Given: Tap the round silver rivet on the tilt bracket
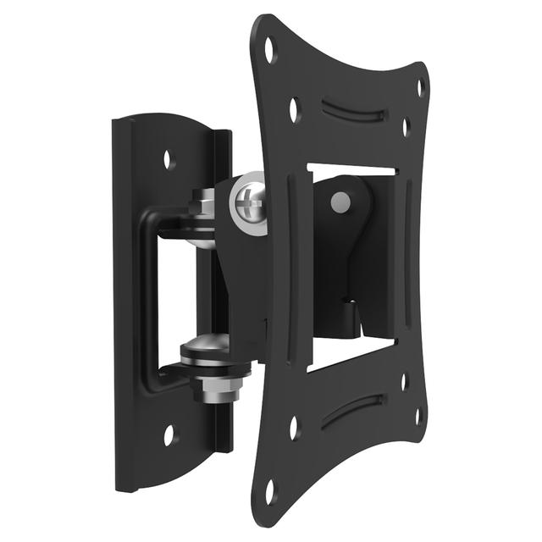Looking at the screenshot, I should click(340, 201).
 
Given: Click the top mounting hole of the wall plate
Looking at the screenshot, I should click(169, 158).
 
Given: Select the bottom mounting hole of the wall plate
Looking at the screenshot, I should click(169, 434).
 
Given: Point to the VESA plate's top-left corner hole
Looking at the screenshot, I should click(270, 49).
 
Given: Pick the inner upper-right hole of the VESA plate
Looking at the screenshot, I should click(405, 127).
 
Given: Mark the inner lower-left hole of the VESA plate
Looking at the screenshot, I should click(293, 427).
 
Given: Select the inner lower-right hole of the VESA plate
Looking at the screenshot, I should click(404, 381).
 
